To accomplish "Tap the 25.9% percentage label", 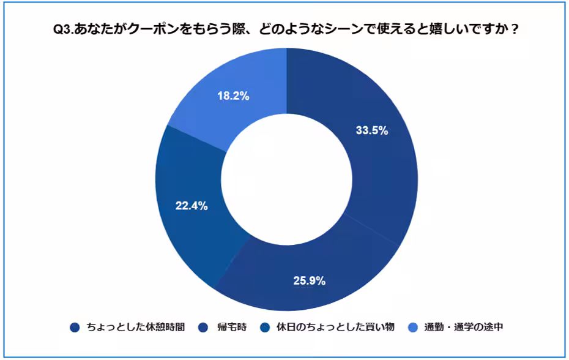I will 309,281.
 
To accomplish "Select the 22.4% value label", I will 192,206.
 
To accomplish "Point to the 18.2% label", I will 233,96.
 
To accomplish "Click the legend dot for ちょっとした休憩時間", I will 75,327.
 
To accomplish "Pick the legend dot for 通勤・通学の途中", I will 414,327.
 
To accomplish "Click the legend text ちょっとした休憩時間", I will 135,327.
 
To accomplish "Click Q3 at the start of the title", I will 63,29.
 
